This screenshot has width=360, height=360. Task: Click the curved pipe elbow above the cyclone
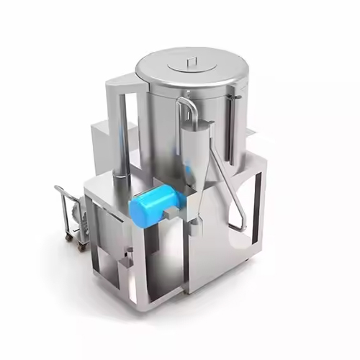pos(186,106)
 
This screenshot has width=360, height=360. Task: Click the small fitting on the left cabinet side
pos(130,251)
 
